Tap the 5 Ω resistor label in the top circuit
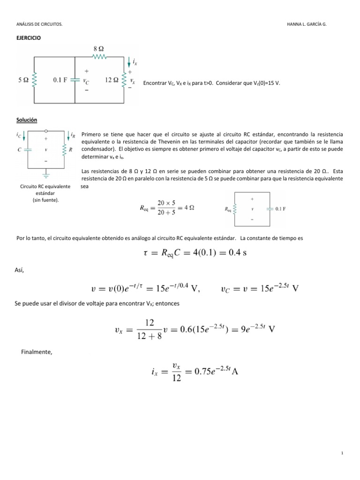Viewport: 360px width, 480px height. (23, 80)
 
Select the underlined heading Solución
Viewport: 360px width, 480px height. (27, 120)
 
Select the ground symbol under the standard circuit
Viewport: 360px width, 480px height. (46, 176)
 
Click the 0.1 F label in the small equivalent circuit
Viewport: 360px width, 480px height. (280, 209)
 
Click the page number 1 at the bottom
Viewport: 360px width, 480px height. (343, 453)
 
